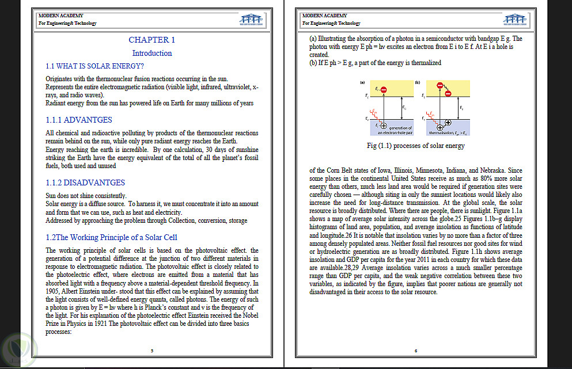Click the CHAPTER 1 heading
pyautogui.click(x=151, y=40)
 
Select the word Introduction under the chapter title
pyautogui.click(x=152, y=53)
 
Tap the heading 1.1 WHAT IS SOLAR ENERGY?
pyautogui.click(x=94, y=66)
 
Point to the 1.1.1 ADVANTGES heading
pyautogui.click(x=79, y=120)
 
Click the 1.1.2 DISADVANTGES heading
pyautogui.click(x=85, y=182)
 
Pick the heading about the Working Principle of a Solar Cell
pyautogui.click(x=112, y=237)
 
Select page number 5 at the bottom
pyautogui.click(x=152, y=351)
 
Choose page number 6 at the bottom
pyautogui.click(x=416, y=351)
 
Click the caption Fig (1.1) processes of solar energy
pyautogui.click(x=415, y=146)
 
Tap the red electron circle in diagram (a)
pyautogui.click(x=384, y=90)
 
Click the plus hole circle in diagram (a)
pyautogui.click(x=383, y=125)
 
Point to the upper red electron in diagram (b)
pyautogui.click(x=440, y=86)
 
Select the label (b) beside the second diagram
pyautogui.click(x=417, y=82)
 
